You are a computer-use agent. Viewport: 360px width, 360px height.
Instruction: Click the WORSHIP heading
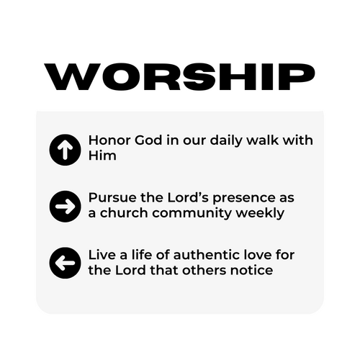(179, 77)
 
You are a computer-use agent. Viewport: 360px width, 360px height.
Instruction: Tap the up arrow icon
(65, 150)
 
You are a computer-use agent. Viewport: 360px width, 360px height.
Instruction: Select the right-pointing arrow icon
(65, 207)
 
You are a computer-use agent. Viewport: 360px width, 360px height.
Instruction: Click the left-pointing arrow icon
(65, 263)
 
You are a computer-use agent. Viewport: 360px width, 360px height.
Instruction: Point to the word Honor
(109, 140)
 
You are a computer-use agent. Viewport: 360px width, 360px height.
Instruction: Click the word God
(148, 140)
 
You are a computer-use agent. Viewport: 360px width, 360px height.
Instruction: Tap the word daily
(226, 141)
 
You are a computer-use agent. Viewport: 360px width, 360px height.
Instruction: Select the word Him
(102, 156)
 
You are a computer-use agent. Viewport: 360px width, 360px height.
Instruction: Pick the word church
(124, 212)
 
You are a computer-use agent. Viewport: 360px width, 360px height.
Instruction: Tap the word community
(192, 214)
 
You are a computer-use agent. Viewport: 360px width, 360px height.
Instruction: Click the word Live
(102, 255)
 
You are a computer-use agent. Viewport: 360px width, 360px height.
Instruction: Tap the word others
(204, 270)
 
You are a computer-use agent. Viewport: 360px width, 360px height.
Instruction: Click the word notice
(251, 270)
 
